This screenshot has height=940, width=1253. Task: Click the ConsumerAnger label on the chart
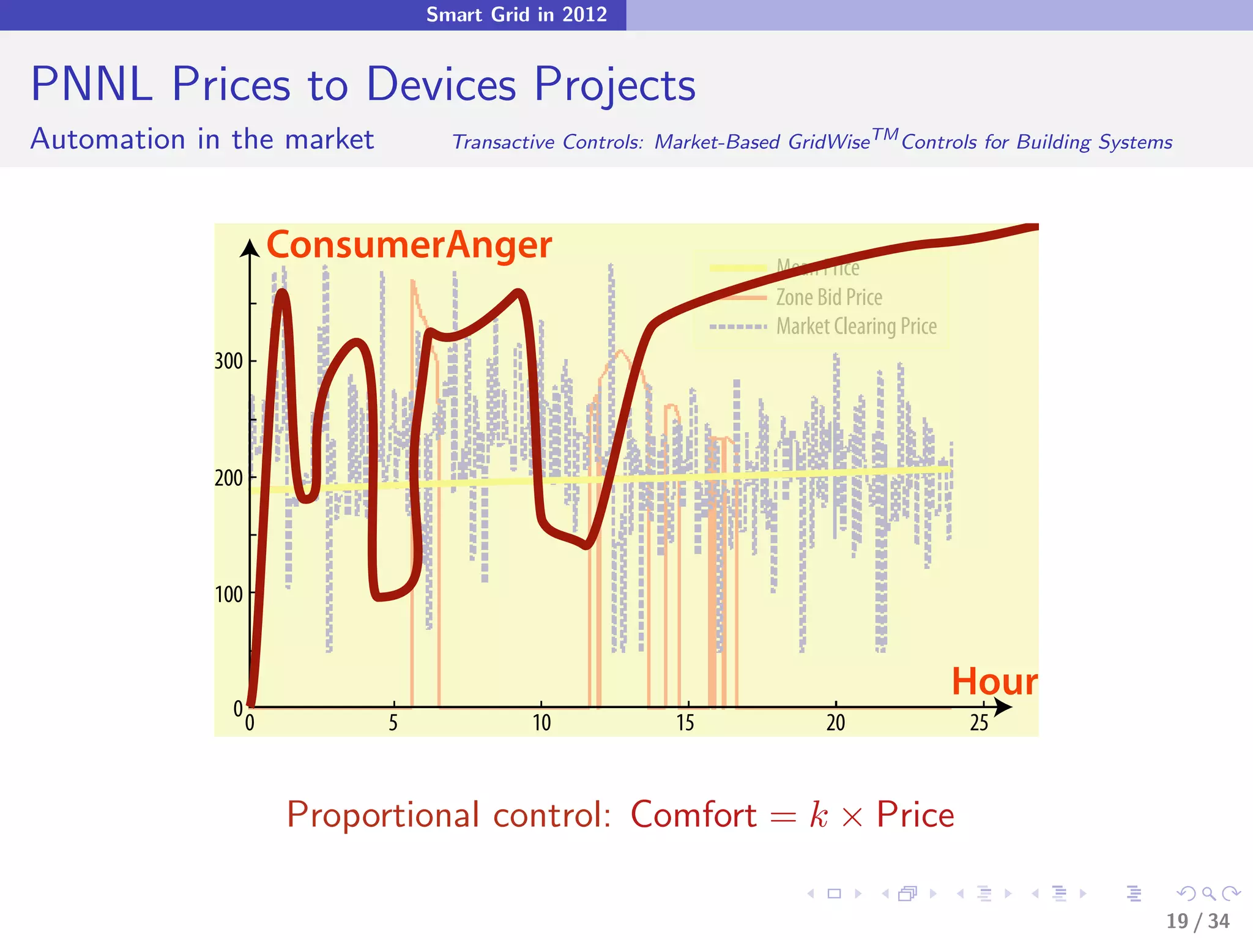pos(409,245)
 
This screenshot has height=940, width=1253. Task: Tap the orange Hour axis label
pos(994,681)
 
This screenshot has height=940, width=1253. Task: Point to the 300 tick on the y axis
pos(229,361)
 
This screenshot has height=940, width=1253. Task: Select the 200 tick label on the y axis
pos(229,478)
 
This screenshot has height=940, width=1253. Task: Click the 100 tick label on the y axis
pos(229,594)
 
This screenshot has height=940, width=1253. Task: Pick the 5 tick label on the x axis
pos(393,723)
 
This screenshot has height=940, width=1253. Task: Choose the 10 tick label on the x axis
pos(541,723)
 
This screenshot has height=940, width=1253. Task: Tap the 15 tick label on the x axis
pos(685,723)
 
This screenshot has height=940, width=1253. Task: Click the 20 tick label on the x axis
pos(836,723)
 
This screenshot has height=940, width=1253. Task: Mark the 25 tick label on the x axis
pos(979,723)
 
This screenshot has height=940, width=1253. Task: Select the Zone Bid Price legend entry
pos(829,297)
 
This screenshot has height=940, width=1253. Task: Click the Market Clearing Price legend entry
pos(856,327)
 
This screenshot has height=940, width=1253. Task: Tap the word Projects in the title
pos(615,85)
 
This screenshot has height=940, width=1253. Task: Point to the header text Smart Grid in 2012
pos(516,14)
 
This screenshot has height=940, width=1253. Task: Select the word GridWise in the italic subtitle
pos(829,142)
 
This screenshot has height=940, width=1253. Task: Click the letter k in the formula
pos(819,815)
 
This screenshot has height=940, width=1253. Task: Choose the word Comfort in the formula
pos(694,815)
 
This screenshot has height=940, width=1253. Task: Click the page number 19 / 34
pos(1197,920)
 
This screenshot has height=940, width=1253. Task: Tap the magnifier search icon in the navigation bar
pos(1208,893)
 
